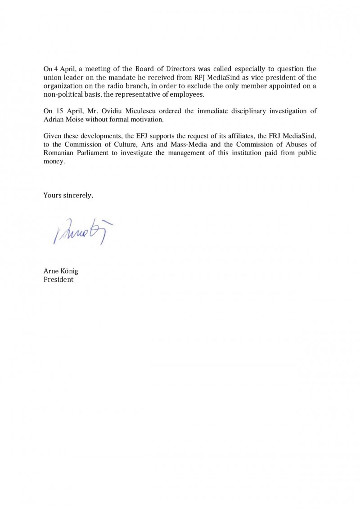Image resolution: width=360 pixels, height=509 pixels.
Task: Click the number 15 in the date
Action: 57,111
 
